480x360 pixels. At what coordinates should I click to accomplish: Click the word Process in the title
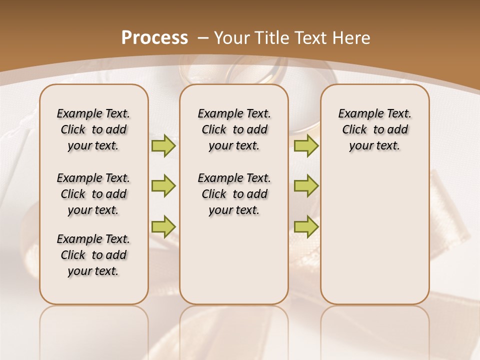point(154,37)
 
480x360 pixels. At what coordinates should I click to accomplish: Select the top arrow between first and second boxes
point(163,145)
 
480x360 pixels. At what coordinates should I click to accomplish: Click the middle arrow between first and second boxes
point(163,186)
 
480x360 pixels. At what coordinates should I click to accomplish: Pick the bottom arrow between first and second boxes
point(163,226)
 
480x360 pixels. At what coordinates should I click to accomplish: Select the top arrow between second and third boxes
point(306,145)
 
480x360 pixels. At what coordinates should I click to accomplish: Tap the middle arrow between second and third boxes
point(306,186)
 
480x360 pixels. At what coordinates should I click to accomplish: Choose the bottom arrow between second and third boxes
point(306,226)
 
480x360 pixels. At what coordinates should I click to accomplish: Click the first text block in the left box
point(93,129)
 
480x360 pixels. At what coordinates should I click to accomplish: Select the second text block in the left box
point(93,194)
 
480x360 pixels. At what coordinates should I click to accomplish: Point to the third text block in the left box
point(93,255)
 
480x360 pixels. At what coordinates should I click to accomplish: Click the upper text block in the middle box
point(234,129)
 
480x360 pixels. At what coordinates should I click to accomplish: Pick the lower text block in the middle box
point(234,194)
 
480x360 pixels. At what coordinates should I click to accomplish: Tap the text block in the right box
point(374,129)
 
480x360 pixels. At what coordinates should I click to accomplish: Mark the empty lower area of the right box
point(374,235)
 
